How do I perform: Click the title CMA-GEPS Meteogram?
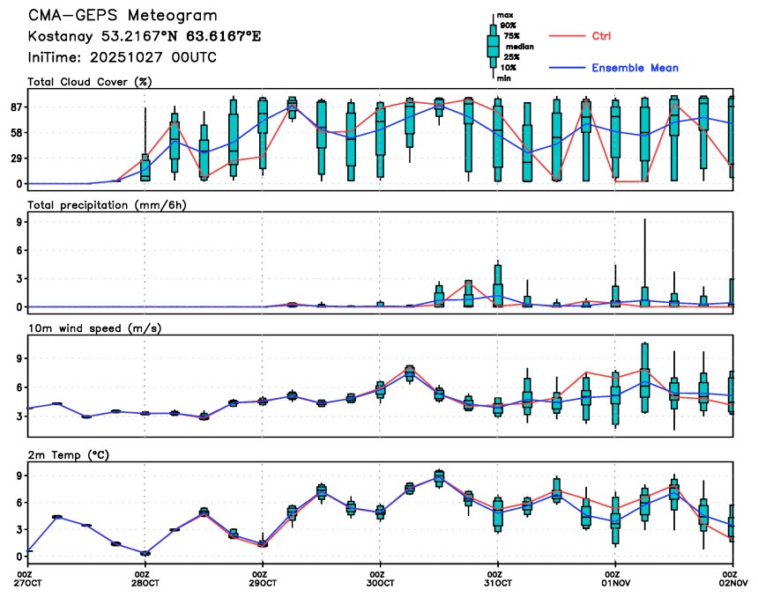[123, 16]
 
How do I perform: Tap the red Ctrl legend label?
[601, 36]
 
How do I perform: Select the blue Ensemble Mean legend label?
[635, 68]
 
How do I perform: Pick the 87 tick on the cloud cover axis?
[16, 107]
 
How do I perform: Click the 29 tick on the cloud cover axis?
[16, 158]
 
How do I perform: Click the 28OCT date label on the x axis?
[145, 583]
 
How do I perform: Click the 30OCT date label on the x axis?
[380, 583]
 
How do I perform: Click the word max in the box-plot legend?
[505, 15]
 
